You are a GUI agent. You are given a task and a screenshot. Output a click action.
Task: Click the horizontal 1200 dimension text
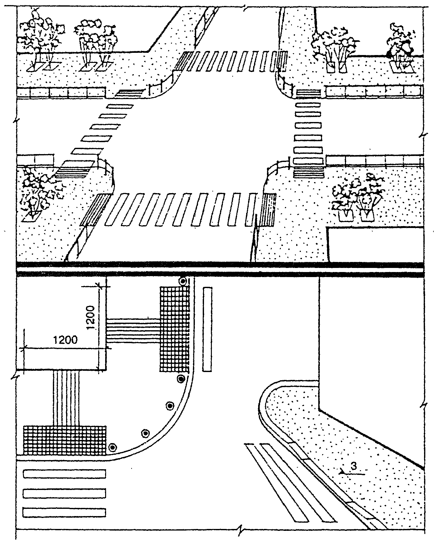[65, 340]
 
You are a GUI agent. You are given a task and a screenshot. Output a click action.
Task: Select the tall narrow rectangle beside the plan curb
[207, 329]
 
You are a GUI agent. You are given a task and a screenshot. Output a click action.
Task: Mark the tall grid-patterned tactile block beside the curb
[174, 329]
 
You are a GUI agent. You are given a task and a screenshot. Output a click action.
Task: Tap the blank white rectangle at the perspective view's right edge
[375, 244]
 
